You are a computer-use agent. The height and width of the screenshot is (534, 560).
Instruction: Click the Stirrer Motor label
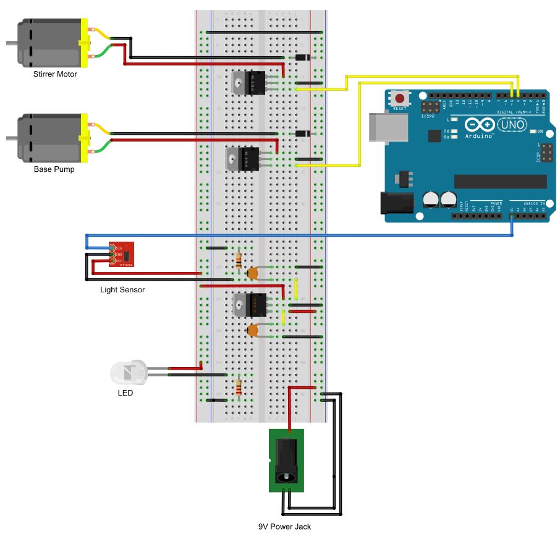point(55,74)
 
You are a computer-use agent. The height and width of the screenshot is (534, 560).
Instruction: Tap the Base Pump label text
point(54,169)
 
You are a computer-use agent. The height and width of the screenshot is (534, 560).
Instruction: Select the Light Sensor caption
point(122,289)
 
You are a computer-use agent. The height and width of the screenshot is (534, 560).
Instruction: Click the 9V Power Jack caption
point(284,527)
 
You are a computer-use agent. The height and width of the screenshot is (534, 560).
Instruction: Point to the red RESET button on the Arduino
point(400,98)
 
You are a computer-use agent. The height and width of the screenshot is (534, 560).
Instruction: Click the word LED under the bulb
point(125,392)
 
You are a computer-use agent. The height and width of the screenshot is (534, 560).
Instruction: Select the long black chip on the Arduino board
point(500,181)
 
